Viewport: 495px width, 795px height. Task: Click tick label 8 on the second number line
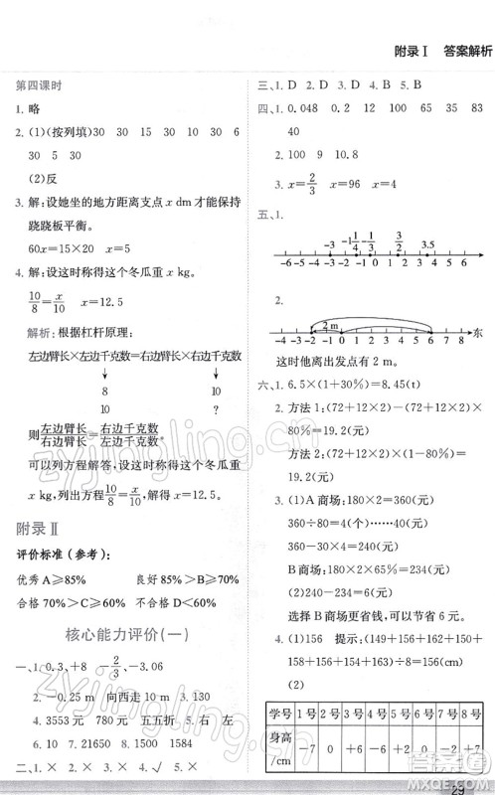tap(463, 367)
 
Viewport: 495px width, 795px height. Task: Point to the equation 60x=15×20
tap(65, 244)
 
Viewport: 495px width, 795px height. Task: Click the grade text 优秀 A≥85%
tap(51, 579)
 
